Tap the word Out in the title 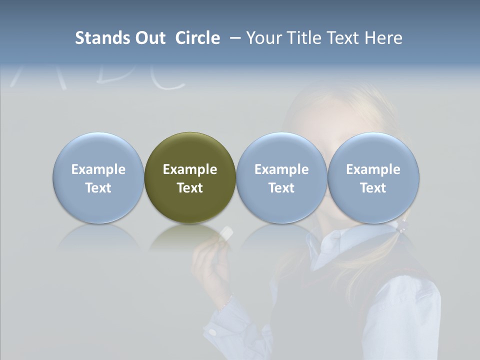(149, 38)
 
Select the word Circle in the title (197, 38)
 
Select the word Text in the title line (344, 38)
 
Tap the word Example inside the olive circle (190, 169)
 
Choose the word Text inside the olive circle (190, 188)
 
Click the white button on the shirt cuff (212, 331)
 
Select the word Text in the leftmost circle (98, 188)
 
